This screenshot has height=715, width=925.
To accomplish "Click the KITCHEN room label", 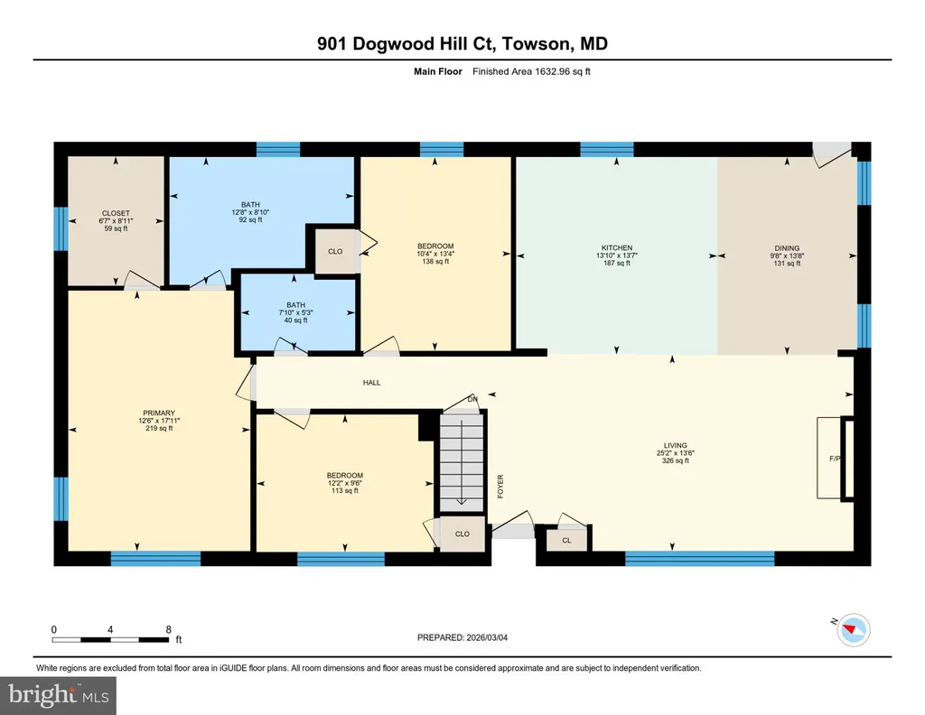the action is click(617, 248).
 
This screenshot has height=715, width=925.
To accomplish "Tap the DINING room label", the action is click(787, 248).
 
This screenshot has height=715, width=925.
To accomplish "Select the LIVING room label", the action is click(676, 446).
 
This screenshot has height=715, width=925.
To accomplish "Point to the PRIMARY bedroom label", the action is click(159, 413).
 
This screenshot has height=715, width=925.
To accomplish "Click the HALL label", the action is click(371, 383).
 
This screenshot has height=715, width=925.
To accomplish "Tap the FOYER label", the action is click(500, 487).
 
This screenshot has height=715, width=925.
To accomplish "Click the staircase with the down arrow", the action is click(462, 461).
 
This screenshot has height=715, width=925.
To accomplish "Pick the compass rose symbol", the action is click(853, 629).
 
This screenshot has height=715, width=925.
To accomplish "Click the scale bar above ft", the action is click(110, 639).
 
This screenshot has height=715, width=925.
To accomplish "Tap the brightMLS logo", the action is click(58, 695).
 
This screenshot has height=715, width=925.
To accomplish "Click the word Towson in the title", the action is click(537, 43).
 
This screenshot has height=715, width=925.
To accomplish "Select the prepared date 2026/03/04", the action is click(487, 637).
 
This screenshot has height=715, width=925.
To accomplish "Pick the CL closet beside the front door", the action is click(567, 540).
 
